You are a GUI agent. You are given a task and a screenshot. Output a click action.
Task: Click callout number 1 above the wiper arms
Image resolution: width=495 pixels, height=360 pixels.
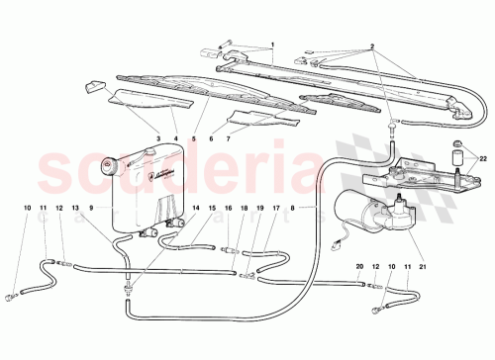tap(271, 45)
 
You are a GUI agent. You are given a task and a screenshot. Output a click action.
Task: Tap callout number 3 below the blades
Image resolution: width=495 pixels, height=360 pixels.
tap(157, 137)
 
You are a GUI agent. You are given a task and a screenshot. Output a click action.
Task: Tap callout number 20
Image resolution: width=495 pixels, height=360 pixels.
tap(361, 267)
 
